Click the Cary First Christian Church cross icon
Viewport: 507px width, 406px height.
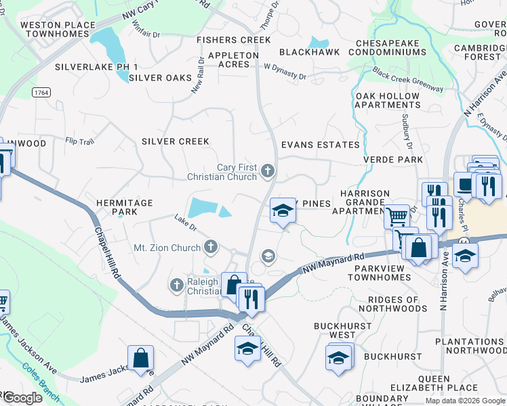pyautogui.click(x=268, y=171)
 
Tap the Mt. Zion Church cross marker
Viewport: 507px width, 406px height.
pyautogui.click(x=211, y=247)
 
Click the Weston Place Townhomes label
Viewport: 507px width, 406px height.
pyautogui.click(x=58, y=29)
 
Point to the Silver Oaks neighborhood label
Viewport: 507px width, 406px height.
pyautogui.click(x=160, y=78)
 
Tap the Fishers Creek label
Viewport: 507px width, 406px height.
pyautogui.click(x=234, y=41)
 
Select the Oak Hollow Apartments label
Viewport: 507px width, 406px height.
pyautogui.click(x=388, y=100)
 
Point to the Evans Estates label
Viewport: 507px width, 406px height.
pyautogui.click(x=320, y=145)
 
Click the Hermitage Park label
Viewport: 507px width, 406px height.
pyautogui.click(x=124, y=207)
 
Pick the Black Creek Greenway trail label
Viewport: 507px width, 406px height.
pyautogui.click(x=407, y=81)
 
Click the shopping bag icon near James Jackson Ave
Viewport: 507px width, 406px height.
pyautogui.click(x=140, y=358)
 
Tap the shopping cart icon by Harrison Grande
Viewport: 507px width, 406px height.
pyautogui.click(x=397, y=217)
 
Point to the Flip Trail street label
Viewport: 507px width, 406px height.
pyautogui.click(x=79, y=141)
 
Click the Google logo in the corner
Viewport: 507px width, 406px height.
pyautogui.click(x=22, y=398)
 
